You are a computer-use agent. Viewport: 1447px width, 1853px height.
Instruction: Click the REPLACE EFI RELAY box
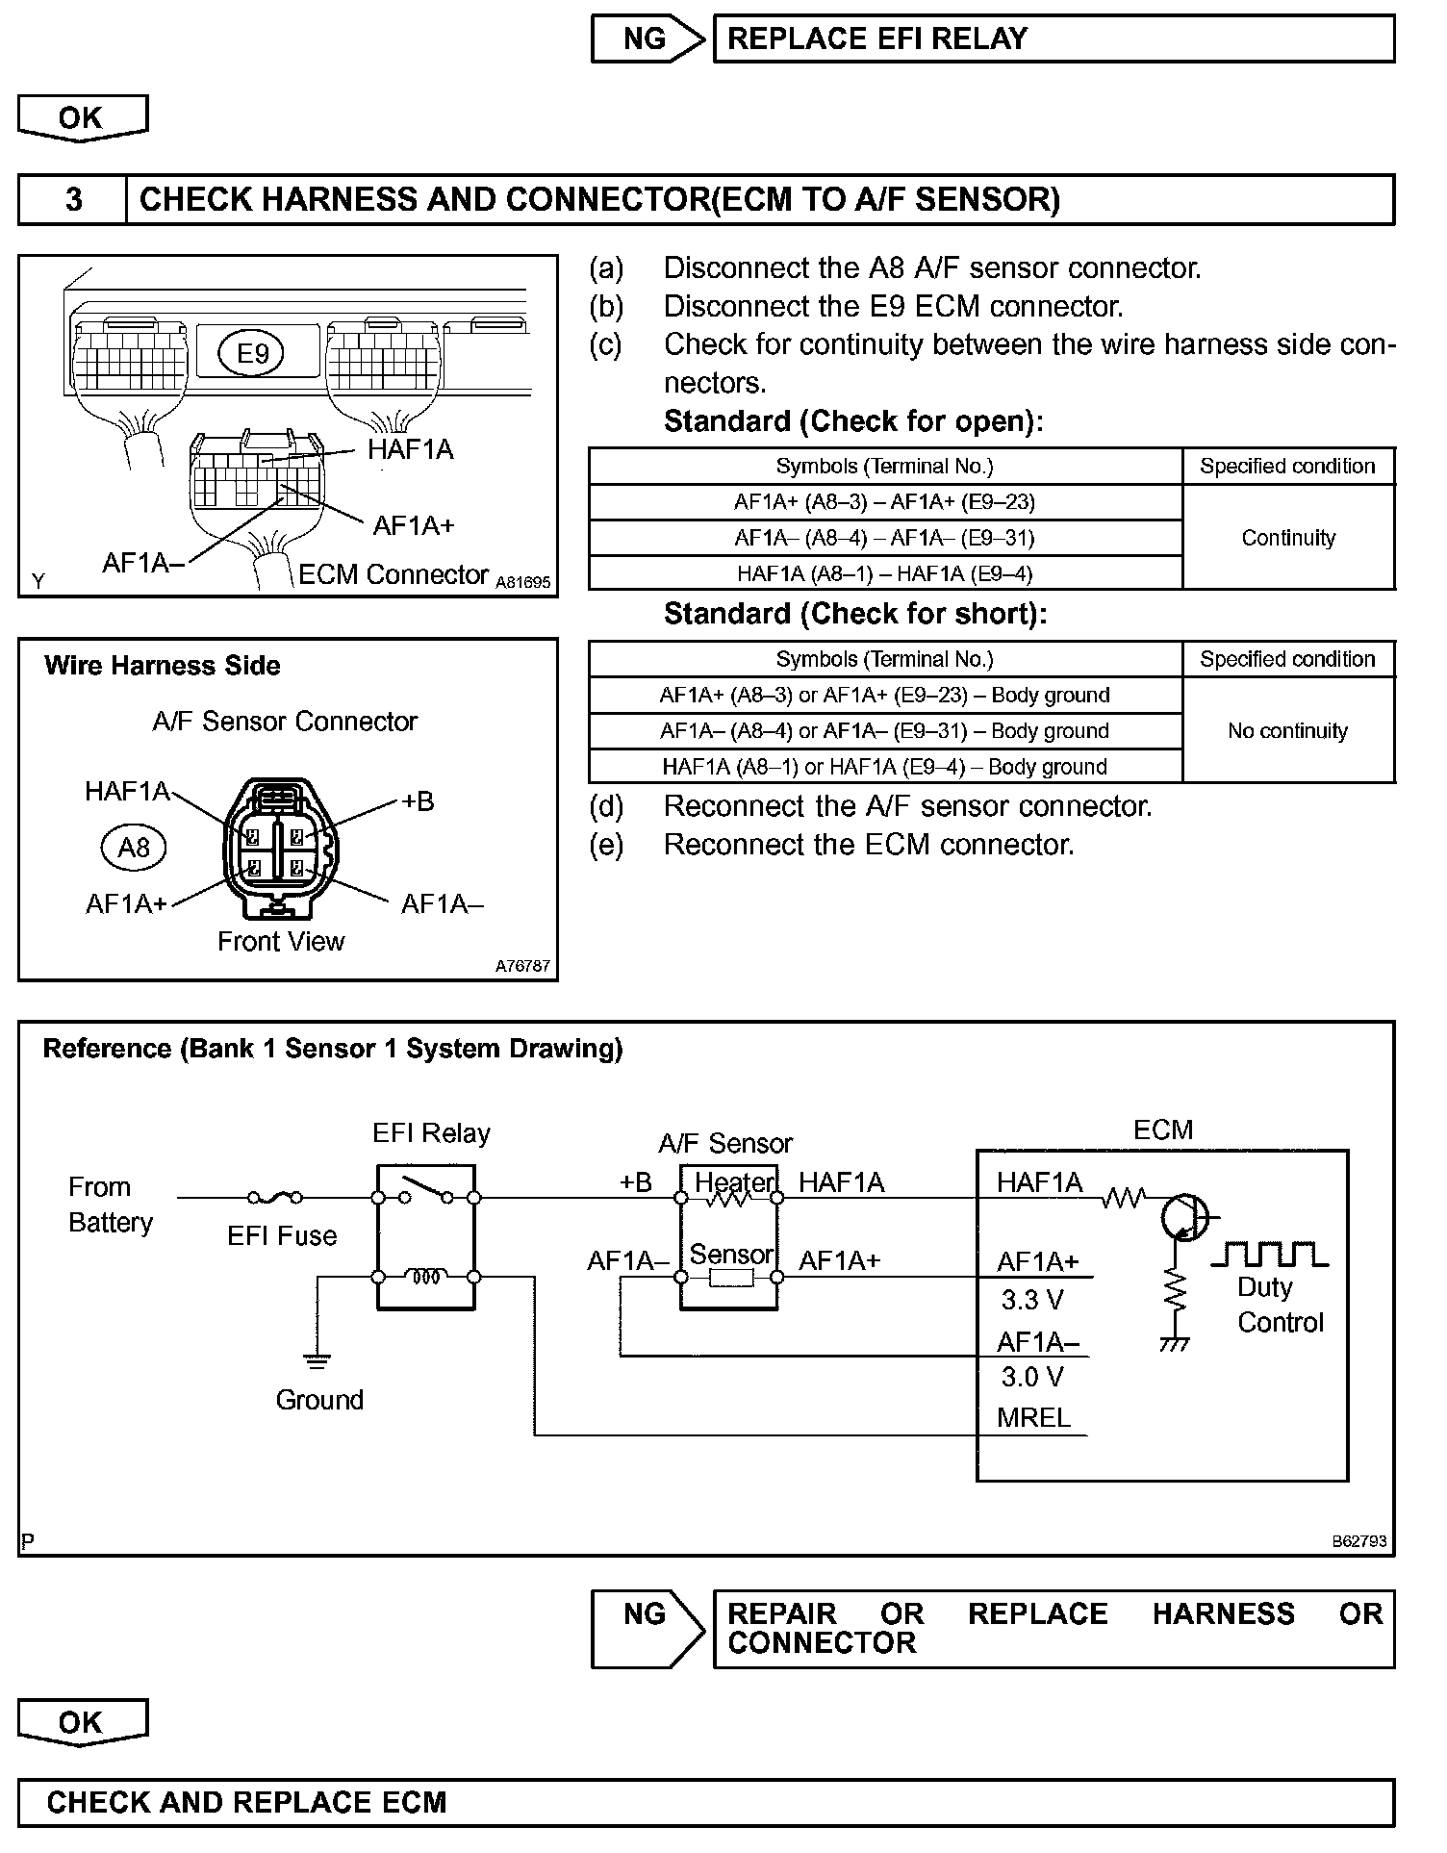1053,39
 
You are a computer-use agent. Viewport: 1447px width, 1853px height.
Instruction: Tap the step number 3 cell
73,200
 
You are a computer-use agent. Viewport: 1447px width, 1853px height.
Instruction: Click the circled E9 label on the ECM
252,354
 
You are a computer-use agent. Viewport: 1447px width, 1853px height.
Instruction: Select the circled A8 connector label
133,848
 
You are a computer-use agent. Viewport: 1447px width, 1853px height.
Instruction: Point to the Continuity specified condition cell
1287,538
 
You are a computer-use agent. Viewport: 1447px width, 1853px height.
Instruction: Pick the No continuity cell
1287,731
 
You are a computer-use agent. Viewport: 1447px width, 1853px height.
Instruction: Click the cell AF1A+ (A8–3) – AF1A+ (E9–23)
884,502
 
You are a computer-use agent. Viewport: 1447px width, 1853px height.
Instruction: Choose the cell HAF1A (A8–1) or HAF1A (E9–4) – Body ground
884,767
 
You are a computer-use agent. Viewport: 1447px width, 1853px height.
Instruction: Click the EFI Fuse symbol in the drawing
275,1198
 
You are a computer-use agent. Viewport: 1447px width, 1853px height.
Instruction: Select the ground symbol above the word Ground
317,1359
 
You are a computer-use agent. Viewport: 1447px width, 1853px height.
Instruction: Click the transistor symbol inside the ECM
1183,1217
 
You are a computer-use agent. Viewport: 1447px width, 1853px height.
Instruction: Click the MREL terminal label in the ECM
1033,1418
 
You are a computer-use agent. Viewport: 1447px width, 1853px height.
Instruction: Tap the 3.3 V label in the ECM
1031,1301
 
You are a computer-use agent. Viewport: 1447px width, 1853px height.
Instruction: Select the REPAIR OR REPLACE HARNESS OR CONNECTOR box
1053,1628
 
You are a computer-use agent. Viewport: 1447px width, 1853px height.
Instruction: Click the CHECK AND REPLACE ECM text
246,1802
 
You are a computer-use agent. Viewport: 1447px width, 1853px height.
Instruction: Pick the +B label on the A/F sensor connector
418,801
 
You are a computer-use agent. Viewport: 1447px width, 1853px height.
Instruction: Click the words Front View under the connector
280,941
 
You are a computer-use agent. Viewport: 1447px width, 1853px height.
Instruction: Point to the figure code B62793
1358,1540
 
